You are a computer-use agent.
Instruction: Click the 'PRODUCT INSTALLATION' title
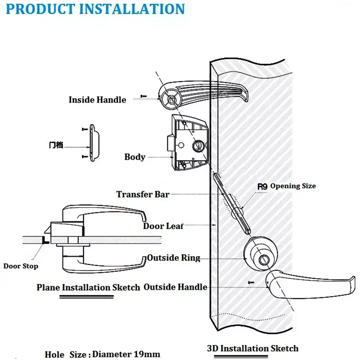(96, 9)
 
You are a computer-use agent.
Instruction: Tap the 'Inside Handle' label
(97, 100)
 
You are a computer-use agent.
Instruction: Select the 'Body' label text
(135, 157)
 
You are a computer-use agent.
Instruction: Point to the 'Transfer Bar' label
(143, 194)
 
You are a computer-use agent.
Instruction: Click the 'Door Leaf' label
(163, 226)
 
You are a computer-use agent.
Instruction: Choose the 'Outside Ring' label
(173, 258)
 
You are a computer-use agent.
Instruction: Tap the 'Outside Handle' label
(175, 287)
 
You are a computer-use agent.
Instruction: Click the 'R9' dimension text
(262, 186)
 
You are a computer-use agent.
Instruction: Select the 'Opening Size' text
(293, 186)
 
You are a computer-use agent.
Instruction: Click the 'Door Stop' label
(21, 266)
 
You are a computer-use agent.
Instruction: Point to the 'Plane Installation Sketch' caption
(88, 287)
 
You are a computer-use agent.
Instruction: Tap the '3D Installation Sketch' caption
(252, 348)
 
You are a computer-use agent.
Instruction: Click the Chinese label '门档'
(55, 145)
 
